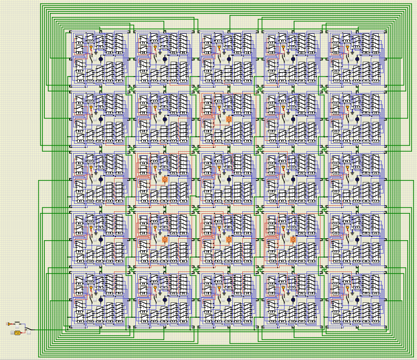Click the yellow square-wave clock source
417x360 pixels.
(17, 332)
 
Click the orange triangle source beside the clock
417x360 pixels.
(9, 324)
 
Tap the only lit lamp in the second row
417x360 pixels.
(229, 119)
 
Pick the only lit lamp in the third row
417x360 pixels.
(165, 179)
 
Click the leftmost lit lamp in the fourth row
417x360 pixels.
(165, 239)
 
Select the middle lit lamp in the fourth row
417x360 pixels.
(229, 239)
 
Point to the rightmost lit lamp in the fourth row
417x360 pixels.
(293, 239)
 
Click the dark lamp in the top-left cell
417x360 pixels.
(101, 59)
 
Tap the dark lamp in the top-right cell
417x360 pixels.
(357, 59)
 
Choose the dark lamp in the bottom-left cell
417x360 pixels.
(101, 300)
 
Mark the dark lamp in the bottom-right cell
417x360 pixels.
(357, 300)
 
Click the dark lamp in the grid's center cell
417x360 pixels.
(229, 179)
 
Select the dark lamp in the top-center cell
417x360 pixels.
(229, 59)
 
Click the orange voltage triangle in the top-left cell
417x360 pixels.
(91, 48)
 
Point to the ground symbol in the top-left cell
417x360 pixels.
(96, 51)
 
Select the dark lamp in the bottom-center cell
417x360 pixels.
(229, 300)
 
